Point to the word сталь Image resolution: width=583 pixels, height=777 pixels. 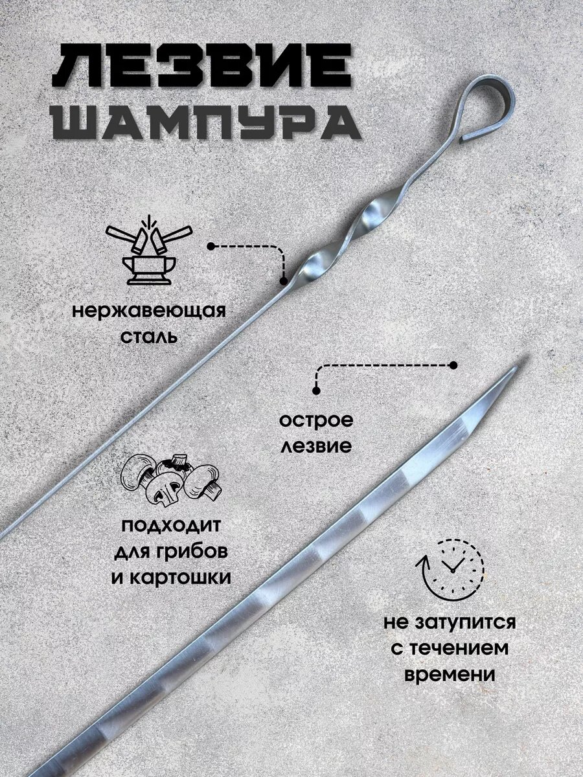(x=149, y=337)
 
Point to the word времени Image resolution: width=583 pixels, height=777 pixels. (x=450, y=674)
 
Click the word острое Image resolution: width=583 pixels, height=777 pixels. (x=317, y=420)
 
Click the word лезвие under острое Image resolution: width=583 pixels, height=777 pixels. (x=317, y=445)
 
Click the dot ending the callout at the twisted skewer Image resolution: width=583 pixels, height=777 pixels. (x=283, y=281)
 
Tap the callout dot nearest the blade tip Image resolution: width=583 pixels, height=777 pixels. (x=453, y=365)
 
